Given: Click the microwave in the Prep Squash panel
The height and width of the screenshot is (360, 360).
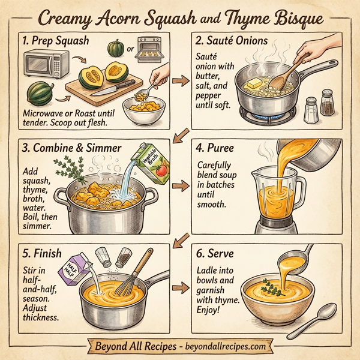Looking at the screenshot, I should point(46,64).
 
